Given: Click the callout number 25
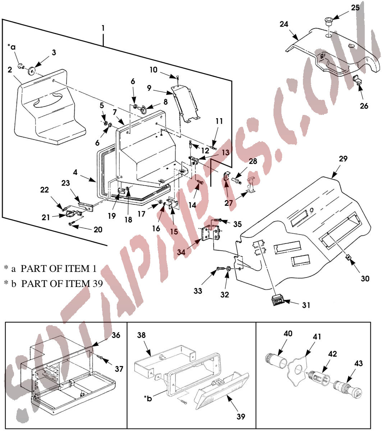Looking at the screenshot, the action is coord(355,8).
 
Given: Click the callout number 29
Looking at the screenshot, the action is coord(343,158).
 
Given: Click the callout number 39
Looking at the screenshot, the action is coord(241,416).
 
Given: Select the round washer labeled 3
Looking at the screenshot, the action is coord(32,70).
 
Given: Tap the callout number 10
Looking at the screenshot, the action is coord(153,70).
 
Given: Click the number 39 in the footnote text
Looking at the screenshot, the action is coord(98,284).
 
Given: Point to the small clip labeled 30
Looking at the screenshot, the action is coord(348,258).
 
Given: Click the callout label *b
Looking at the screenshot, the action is coord(148,398).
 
